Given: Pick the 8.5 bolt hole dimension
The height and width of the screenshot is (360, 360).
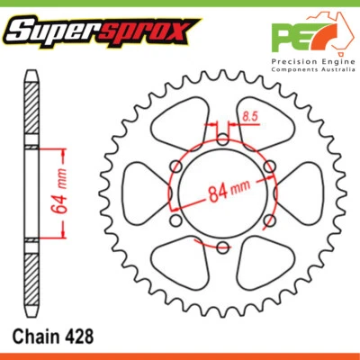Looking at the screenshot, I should pos(250,116).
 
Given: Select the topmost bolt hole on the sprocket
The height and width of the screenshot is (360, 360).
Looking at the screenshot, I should pos(222,139).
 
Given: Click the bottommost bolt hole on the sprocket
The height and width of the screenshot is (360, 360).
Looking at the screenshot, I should pos(222,247).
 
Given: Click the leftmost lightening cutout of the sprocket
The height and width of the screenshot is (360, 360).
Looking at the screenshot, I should pos(143,193).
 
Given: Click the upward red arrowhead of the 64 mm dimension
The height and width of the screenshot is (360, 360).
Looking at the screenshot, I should pos(62,150).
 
